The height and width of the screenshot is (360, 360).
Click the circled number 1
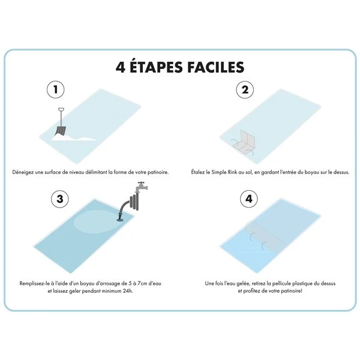(x=56, y=90)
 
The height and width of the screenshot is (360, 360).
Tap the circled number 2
(x=244, y=90)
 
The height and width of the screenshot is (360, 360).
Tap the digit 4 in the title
(x=121, y=67)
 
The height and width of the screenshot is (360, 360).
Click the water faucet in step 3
(x=141, y=187)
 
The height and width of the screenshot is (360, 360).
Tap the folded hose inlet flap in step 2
(x=244, y=140)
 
